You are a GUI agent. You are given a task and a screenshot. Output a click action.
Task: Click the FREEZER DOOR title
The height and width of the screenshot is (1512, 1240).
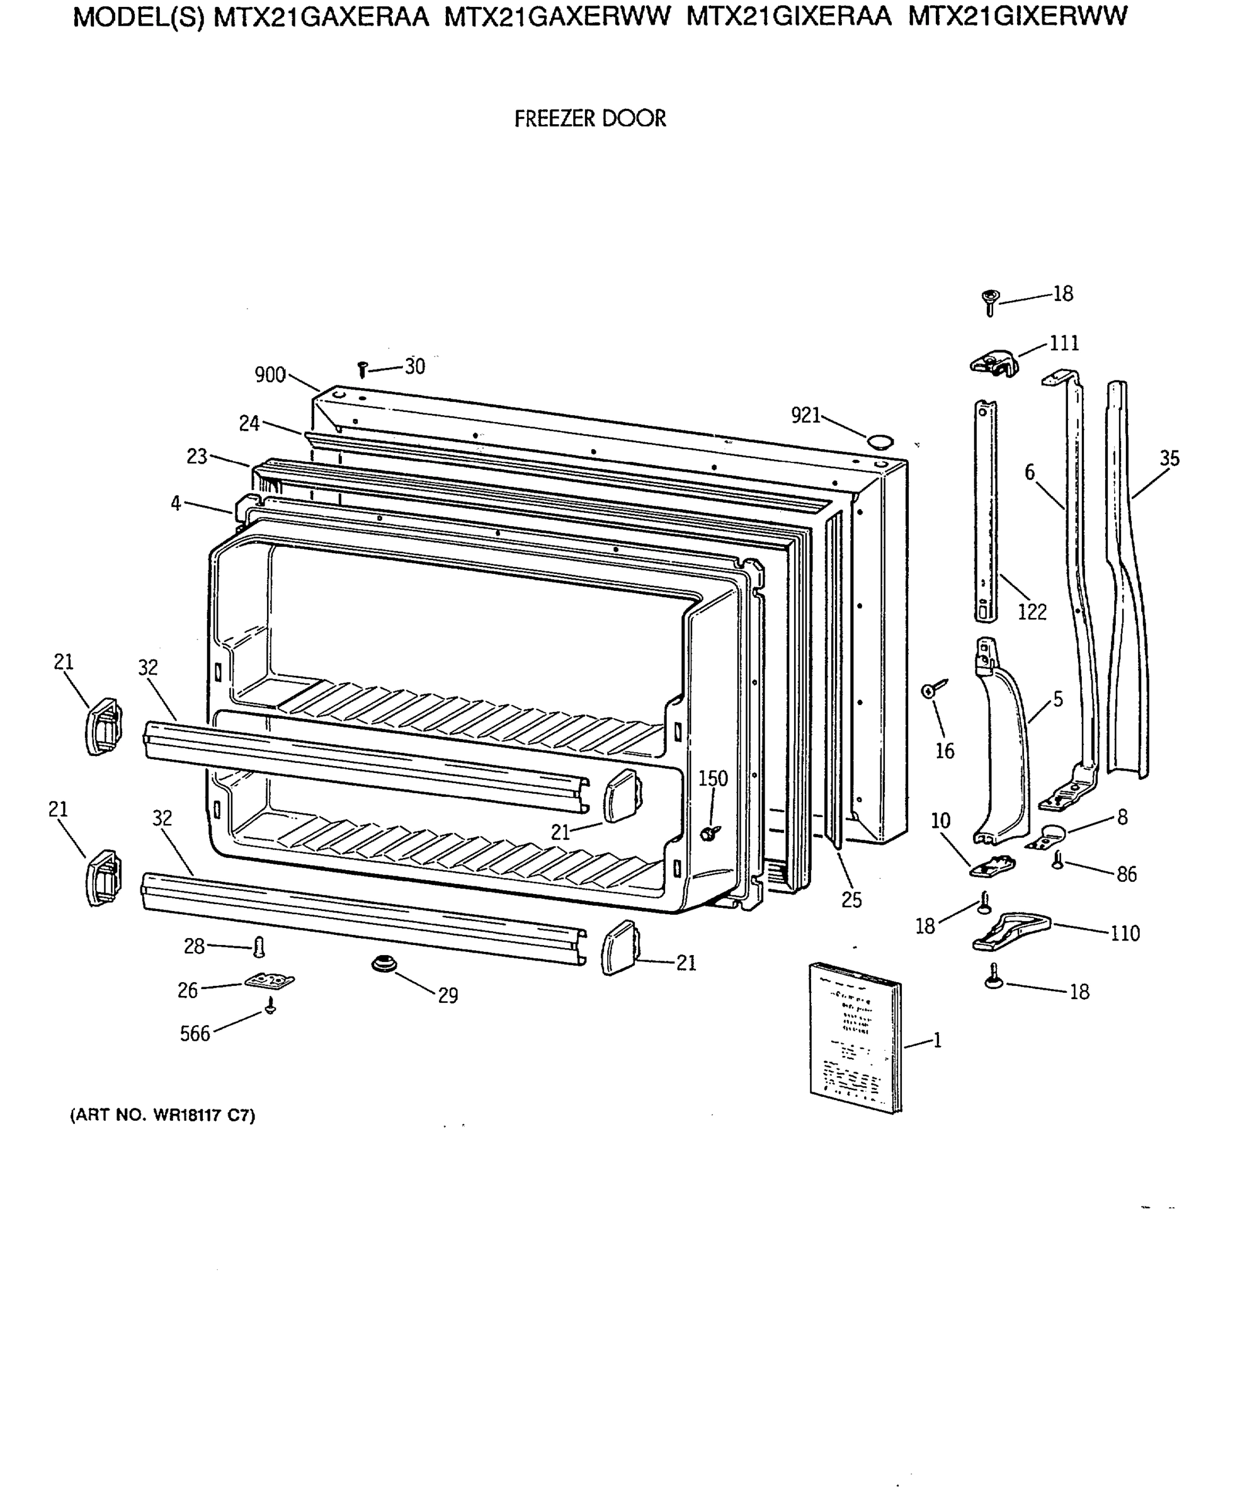point(590,118)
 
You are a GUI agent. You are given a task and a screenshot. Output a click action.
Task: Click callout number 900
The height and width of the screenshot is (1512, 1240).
point(270,375)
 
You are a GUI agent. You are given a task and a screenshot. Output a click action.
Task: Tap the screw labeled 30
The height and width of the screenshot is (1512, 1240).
point(362,369)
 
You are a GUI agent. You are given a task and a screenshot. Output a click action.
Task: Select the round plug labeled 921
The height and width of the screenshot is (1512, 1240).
point(880,440)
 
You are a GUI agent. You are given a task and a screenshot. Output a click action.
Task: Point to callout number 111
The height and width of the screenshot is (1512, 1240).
point(1064,344)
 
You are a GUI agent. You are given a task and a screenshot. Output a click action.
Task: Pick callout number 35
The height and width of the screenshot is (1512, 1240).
point(1169,458)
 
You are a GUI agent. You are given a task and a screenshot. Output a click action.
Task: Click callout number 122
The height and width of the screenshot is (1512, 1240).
point(1032,612)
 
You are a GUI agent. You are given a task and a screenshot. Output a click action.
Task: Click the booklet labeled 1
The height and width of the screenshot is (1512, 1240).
point(855,1037)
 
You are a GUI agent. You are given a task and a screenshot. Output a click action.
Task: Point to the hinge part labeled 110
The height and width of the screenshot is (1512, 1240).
point(1010,931)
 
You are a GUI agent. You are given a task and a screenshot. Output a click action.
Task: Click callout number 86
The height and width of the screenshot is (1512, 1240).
point(1127,874)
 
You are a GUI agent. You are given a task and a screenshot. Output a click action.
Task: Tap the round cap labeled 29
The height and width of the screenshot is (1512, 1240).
point(384,965)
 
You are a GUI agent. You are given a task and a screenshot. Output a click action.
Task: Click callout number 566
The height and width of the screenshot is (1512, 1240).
point(195,1034)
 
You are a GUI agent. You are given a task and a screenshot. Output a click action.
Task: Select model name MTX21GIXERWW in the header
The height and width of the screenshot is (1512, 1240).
point(1017,16)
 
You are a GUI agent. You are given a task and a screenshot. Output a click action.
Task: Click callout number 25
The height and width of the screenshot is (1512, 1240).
point(851,900)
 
